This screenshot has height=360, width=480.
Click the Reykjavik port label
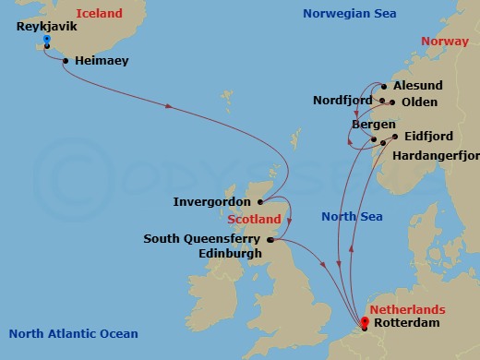coord(46,27)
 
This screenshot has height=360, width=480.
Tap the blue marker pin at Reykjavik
coord(46,41)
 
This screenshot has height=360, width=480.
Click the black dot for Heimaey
coord(66,61)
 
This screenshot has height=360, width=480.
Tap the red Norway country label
coord(444,42)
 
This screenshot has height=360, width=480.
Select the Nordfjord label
coord(342,101)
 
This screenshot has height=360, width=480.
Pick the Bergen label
coord(374,124)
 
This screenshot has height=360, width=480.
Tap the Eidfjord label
coord(426,137)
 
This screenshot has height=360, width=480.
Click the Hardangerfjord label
coord(436,155)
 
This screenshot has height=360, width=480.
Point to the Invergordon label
coord(213,201)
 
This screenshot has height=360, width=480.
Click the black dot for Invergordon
coord(262,201)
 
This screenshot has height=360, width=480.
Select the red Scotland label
coord(254,220)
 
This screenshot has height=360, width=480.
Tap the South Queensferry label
coord(202,238)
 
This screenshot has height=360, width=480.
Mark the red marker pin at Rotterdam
coord(365,322)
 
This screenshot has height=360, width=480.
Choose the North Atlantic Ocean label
coord(74,334)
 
